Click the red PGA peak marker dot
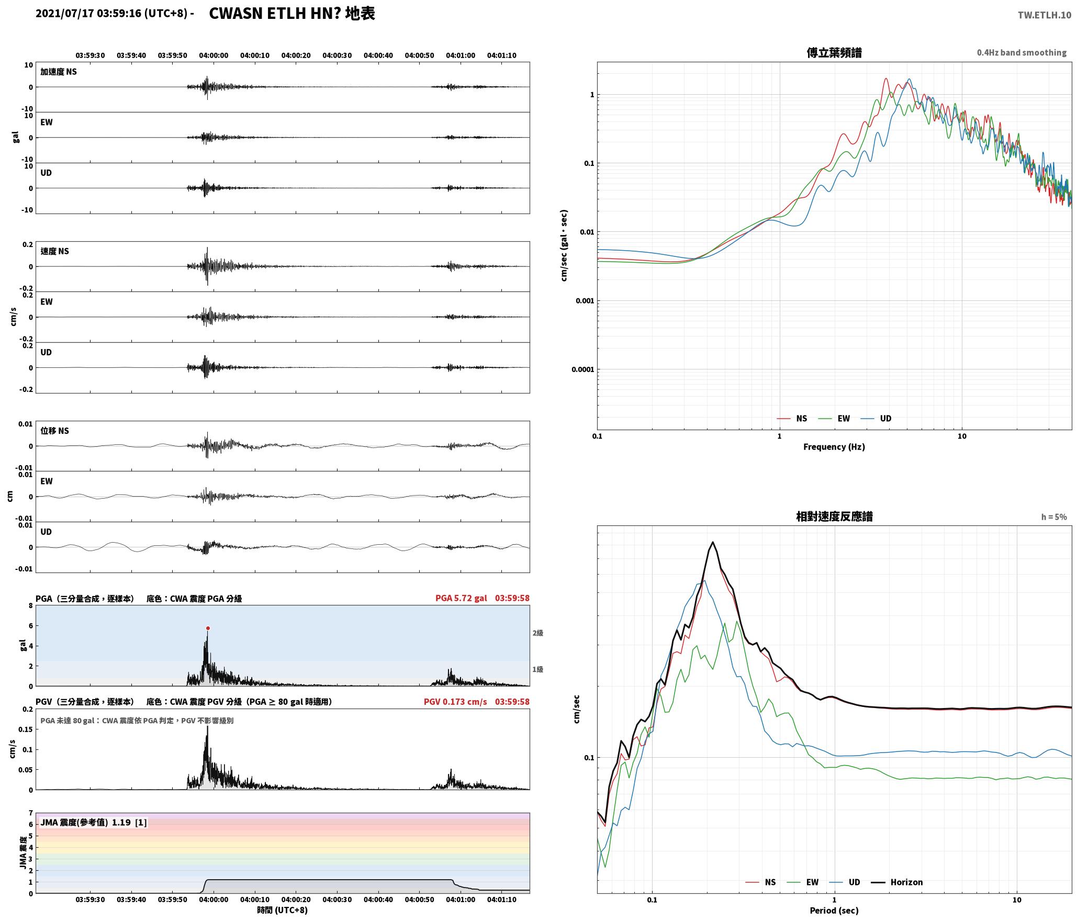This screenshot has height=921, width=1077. (208, 628)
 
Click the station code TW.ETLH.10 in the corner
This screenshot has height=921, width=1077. (1045, 15)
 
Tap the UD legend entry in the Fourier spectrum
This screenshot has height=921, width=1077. (877, 418)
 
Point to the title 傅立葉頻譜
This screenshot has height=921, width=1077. (834, 52)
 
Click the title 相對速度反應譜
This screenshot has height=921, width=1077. (834, 516)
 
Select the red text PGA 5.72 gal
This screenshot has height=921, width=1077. (461, 598)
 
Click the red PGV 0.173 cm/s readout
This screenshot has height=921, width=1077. (455, 702)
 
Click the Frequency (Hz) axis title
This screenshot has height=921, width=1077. (834, 447)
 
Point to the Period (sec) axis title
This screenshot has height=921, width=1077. (834, 910)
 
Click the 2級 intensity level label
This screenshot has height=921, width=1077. (538, 633)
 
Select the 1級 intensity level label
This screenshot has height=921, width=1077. (538, 669)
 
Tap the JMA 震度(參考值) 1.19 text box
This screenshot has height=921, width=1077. (94, 823)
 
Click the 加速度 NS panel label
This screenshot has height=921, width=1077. (59, 72)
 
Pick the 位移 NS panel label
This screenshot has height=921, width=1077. (55, 431)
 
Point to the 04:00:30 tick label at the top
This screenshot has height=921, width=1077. (337, 55)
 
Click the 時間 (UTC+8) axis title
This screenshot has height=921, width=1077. (283, 910)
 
